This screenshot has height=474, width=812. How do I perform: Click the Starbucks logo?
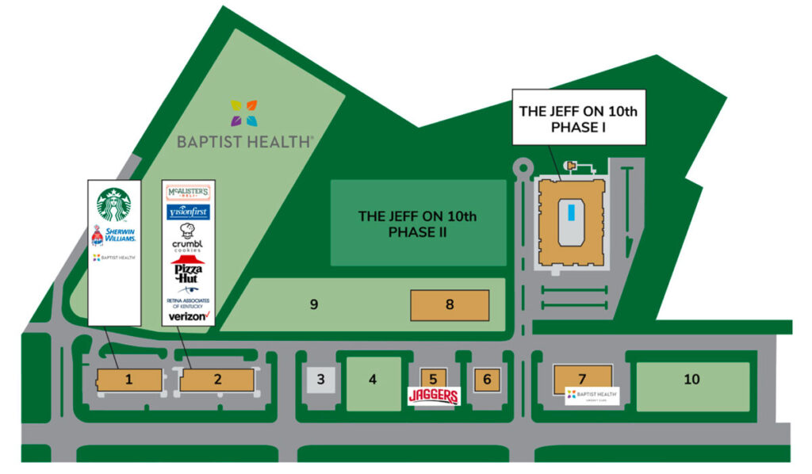[113, 205]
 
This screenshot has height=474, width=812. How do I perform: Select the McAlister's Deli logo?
[187, 193]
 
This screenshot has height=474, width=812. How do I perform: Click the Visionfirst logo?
[187, 212]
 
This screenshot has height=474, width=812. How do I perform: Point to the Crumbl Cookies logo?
[187, 237]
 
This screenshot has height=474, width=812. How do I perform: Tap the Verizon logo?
[187, 315]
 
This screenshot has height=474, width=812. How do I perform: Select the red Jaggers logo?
[433, 396]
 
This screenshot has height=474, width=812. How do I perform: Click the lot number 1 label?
[128, 380]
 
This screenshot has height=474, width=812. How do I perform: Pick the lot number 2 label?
[218, 380]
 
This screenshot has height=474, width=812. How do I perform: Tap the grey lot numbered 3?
[320, 380]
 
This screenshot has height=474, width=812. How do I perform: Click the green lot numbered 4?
[373, 380]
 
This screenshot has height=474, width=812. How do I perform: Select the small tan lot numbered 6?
[487, 380]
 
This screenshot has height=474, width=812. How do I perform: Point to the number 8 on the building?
[450, 304]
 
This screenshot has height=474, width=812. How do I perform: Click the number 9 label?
[314, 304]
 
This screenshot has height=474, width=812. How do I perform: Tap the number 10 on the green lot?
[692, 380]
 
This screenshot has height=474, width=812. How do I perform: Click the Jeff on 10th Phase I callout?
[578, 119]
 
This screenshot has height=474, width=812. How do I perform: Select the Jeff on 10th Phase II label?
[418, 224]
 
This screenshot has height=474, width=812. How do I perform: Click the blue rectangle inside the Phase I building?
[571, 212]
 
